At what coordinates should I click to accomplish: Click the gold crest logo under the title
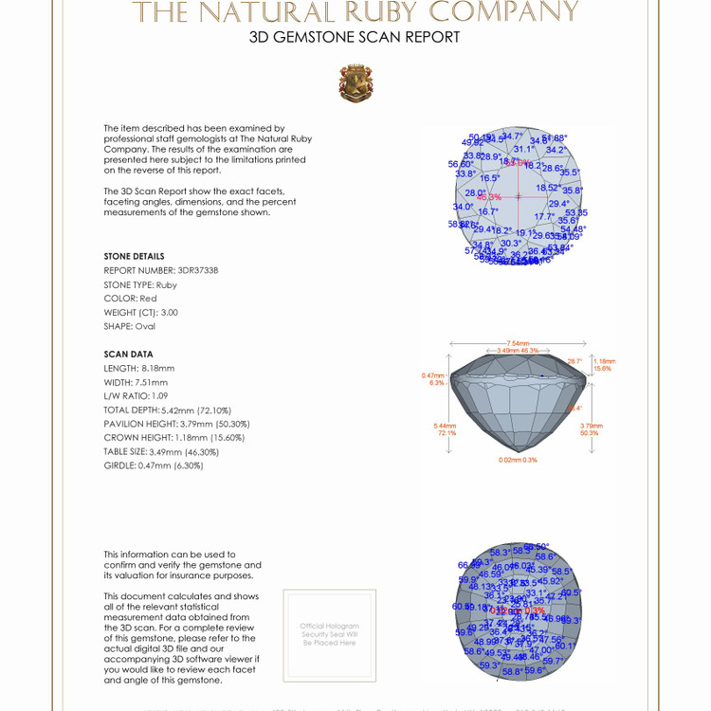[x=355, y=82]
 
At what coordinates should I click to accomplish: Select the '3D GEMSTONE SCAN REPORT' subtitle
[x=355, y=38]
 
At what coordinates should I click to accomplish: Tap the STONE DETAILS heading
[x=134, y=257]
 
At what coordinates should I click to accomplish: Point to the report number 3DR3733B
[x=198, y=270]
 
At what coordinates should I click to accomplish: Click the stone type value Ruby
[x=167, y=284]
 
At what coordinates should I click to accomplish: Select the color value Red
[x=148, y=299]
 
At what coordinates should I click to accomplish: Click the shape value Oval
[x=145, y=326]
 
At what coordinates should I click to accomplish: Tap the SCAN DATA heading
[x=129, y=355]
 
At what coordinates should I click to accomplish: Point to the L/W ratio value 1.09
[x=161, y=396]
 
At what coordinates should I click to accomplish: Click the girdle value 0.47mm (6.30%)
[x=177, y=466]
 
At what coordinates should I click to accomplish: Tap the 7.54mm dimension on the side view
[x=518, y=343]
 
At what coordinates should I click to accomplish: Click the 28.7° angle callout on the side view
[x=574, y=361]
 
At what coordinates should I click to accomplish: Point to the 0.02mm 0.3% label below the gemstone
[x=518, y=460]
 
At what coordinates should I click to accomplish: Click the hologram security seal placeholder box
[x=329, y=635]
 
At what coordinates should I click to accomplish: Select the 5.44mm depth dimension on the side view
[x=444, y=427]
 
